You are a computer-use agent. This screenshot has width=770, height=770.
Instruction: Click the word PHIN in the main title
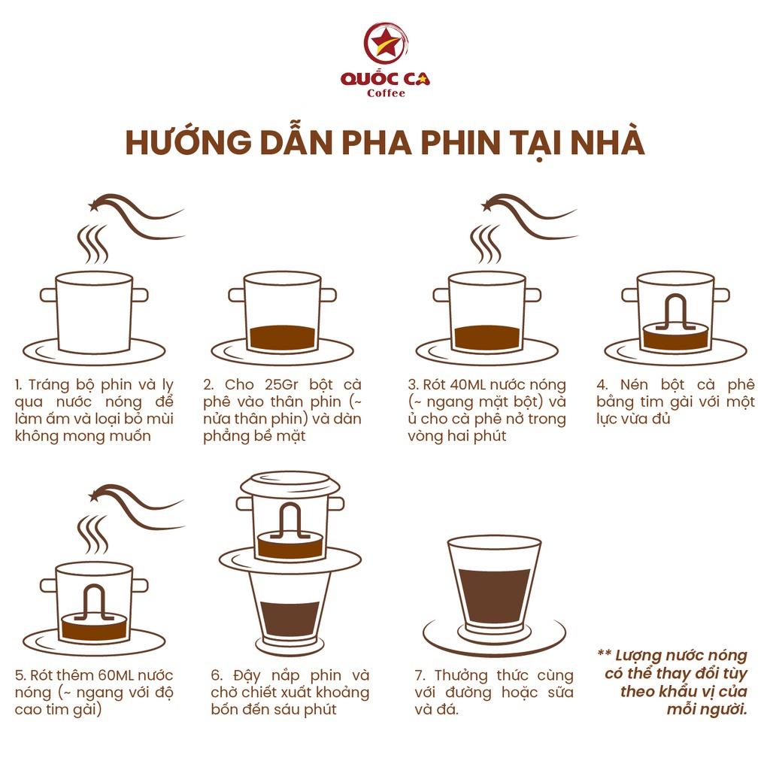[462, 142]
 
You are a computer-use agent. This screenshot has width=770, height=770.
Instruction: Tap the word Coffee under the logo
[386, 93]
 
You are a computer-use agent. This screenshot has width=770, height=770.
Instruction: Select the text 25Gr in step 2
[282, 384]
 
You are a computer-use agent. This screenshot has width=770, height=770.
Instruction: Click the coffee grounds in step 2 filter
[283, 338]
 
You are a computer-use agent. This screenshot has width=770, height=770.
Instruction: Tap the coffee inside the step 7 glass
[494, 597]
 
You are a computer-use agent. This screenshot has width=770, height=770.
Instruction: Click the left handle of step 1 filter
[48, 295]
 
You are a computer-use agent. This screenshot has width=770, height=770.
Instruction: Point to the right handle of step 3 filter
[533, 295]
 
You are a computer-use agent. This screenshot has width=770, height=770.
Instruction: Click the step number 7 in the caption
[419, 676]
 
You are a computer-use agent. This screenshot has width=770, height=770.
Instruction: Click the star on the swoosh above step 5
[93, 496]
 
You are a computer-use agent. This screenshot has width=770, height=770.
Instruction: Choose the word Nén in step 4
[634, 384]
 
